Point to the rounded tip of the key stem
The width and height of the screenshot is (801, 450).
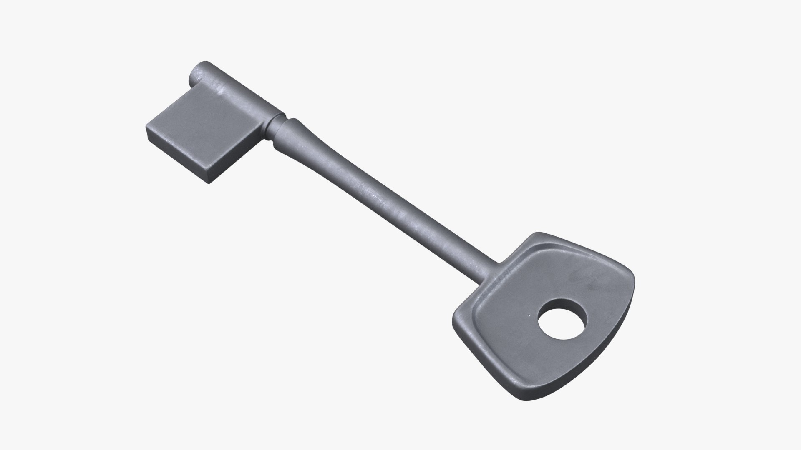[198, 73]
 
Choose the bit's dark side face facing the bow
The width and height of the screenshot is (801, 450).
[238, 162]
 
